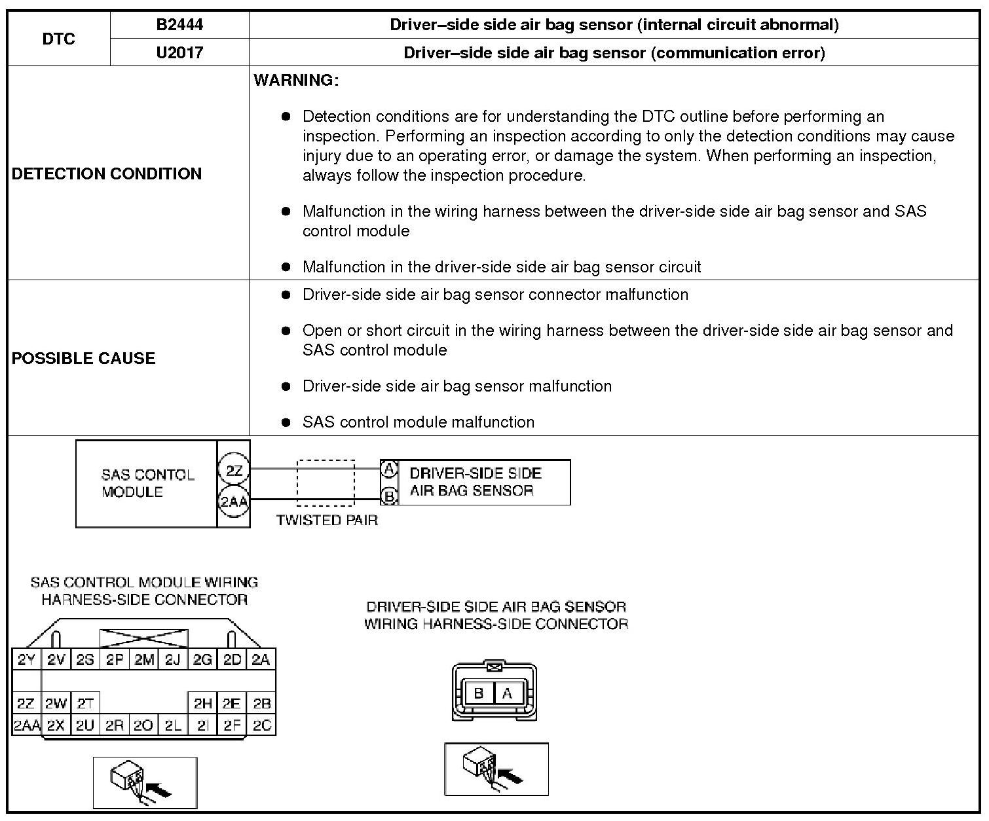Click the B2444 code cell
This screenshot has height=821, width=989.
[179, 25]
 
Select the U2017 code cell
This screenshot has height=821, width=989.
[179, 52]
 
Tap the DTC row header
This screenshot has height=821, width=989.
[59, 39]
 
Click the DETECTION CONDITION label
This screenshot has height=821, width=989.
[107, 173]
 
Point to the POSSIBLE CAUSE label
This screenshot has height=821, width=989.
[84, 358]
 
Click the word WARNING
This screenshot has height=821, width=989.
[296, 81]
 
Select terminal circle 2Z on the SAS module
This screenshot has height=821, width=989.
[234, 471]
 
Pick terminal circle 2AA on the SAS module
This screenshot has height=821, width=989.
[234, 502]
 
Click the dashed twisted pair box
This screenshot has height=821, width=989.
[326, 483]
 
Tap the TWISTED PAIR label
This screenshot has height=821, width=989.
[327, 520]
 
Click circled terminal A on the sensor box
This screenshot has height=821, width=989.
[389, 469]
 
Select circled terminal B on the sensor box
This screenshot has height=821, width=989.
[389, 496]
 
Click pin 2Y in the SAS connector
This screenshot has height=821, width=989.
[26, 660]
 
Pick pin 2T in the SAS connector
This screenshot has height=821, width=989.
[85, 704]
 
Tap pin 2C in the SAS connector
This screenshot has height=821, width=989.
[261, 725]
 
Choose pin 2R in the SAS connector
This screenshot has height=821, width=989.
[115, 725]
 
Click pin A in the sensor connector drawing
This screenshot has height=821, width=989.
[508, 693]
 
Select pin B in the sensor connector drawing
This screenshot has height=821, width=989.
[479, 693]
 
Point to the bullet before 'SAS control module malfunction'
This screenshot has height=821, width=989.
[286, 422]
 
